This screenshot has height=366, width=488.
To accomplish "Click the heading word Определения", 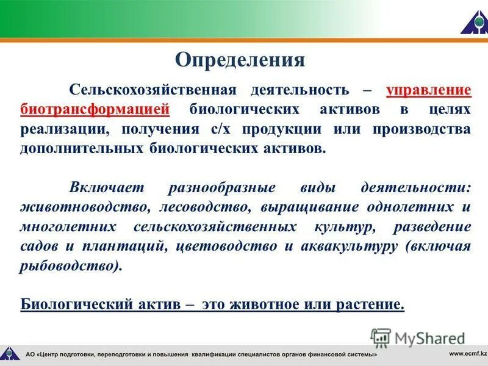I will click(x=240, y=60).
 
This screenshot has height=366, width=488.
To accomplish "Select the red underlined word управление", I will click(x=428, y=90).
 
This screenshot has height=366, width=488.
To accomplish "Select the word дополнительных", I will click(x=82, y=149).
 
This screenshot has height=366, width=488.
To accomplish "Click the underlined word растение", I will click(x=369, y=304).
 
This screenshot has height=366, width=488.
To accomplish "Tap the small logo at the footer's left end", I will click(x=9, y=353).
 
